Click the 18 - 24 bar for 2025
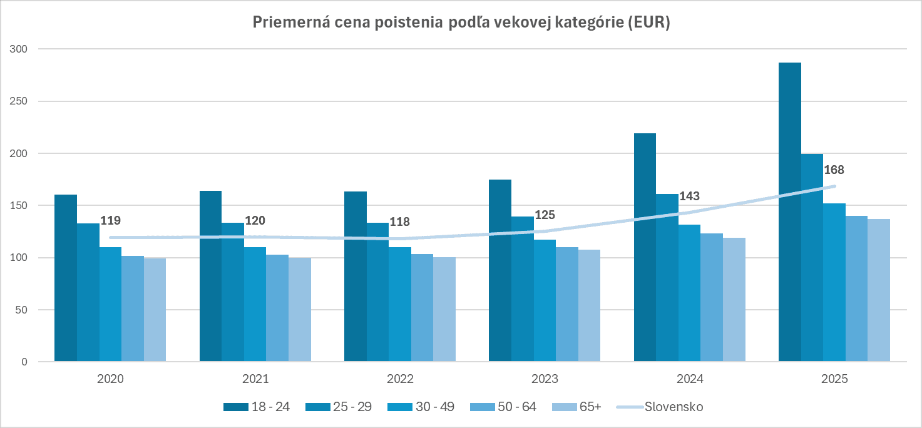789,212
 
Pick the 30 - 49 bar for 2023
545,301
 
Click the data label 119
110,220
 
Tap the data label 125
544,215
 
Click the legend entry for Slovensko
674,407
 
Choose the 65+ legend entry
590,407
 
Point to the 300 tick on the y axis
19,49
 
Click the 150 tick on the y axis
19,205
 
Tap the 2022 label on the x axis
400,379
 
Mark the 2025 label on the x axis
834,379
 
